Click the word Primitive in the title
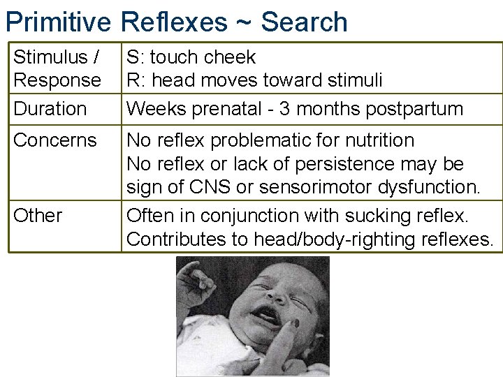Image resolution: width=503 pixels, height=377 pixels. pyautogui.click(x=58, y=22)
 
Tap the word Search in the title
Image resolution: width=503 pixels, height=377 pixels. pyautogui.click(x=304, y=22)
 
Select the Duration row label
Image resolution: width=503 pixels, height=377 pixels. pyautogui.click(x=50, y=109)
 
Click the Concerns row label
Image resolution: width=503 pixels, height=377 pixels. pyautogui.click(x=55, y=140)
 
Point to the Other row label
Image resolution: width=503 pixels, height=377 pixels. pyautogui.click(x=38, y=216)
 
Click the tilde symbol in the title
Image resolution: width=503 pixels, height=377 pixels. pyautogui.click(x=242, y=24)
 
